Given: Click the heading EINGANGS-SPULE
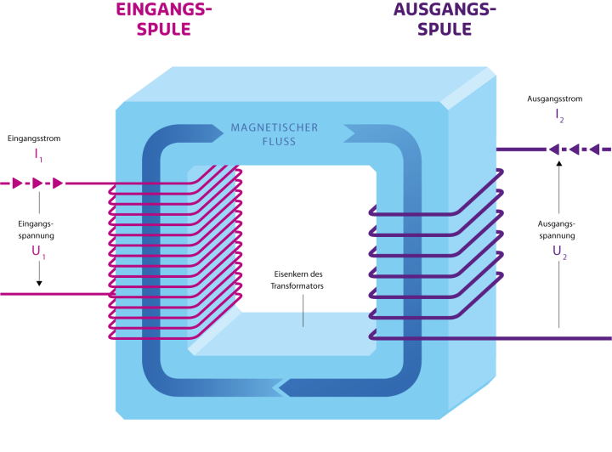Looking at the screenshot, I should (163, 19).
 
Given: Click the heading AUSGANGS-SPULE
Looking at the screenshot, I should (445, 19).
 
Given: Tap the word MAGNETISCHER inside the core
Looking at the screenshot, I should (275, 128).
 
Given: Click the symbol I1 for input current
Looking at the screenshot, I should (37, 155).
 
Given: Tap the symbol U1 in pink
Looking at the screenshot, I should (37, 253).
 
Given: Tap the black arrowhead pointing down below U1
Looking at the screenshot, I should (37, 284).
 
